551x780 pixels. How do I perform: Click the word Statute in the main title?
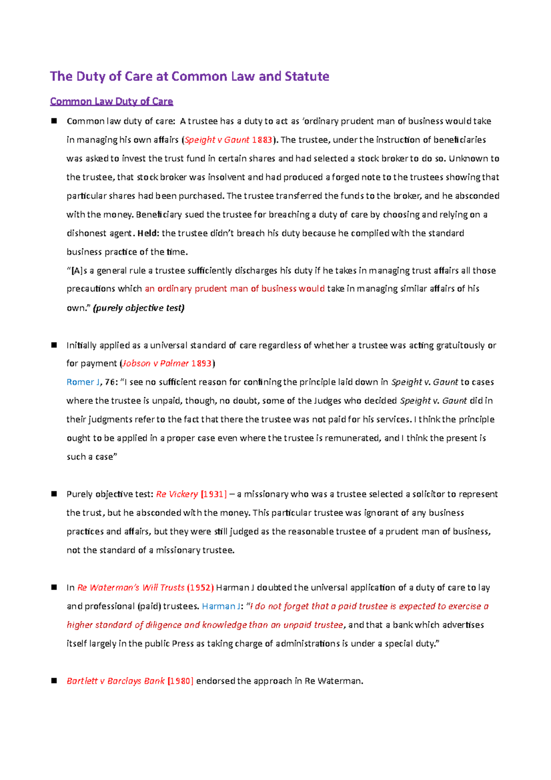(307, 76)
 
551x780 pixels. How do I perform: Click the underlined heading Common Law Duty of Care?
(112, 102)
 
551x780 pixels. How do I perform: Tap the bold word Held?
(148, 233)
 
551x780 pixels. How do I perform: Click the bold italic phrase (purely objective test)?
(139, 308)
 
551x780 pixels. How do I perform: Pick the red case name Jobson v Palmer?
(155, 363)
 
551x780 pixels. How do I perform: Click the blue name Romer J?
(83, 382)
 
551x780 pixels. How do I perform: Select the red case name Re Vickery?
(177, 494)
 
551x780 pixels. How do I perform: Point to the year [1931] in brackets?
(214, 494)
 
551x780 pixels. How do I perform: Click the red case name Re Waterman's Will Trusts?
(131, 588)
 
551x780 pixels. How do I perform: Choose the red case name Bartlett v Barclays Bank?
(115, 681)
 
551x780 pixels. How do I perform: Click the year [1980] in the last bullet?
(180, 681)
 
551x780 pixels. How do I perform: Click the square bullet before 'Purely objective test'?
(54, 494)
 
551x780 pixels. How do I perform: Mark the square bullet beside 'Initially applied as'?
(54, 345)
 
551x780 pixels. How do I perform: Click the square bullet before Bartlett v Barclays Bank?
(54, 681)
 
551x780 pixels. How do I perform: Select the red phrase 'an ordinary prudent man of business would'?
(235, 289)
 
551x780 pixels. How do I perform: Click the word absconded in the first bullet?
(477, 196)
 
